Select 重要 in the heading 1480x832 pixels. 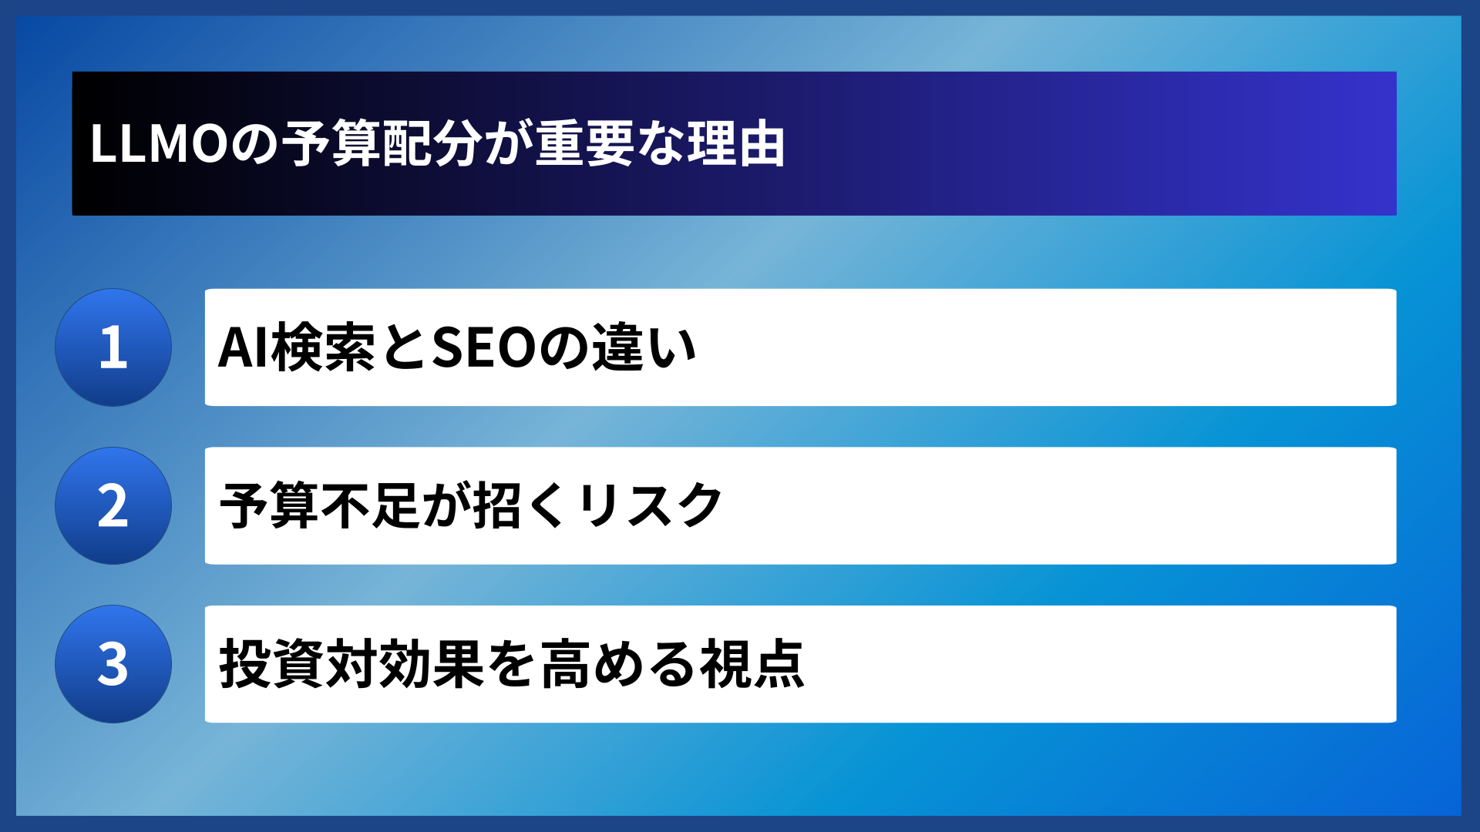point(584,144)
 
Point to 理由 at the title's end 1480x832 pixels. point(736,144)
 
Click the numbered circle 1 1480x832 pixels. point(113,347)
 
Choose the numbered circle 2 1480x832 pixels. point(113,506)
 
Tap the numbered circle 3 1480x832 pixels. point(113,664)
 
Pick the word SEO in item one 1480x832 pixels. point(484,348)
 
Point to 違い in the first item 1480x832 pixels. point(644,348)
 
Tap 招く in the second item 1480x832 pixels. point(520,506)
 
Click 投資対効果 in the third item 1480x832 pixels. point(351,664)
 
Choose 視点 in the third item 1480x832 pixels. point(752,664)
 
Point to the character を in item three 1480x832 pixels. point(511,664)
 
